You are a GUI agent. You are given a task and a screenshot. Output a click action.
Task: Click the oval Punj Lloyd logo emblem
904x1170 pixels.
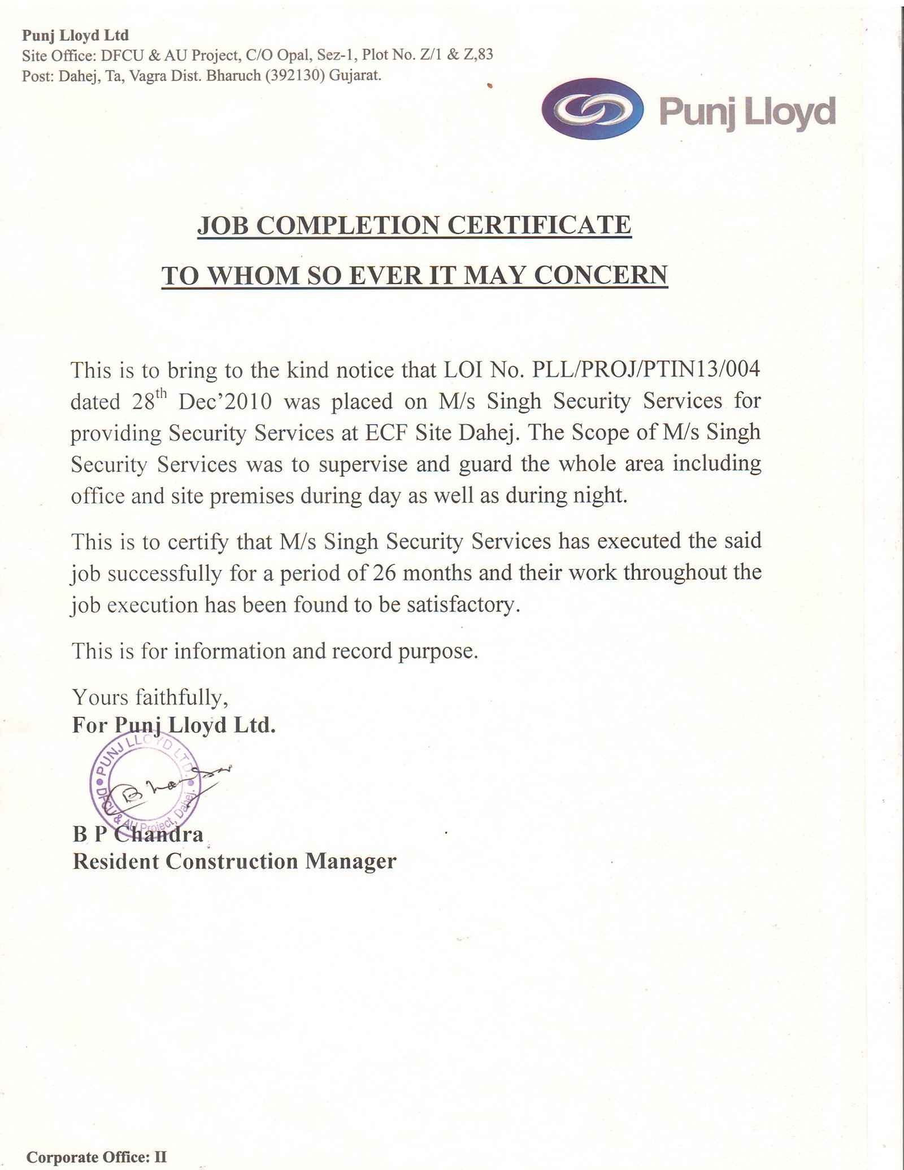592,110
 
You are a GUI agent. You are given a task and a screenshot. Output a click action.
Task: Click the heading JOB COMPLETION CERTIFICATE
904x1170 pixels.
414,225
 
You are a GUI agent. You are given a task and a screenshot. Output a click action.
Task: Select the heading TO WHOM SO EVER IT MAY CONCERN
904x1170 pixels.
414,275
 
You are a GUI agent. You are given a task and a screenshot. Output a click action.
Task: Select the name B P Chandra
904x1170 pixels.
138,834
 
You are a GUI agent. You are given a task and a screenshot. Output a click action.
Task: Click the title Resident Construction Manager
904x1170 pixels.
234,862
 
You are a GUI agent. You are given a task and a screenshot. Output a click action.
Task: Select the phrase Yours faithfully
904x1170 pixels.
150,698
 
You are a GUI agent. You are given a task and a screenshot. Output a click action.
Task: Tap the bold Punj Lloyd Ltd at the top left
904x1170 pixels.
75,36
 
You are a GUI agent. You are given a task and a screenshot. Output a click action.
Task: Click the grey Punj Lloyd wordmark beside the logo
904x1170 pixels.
747,112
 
